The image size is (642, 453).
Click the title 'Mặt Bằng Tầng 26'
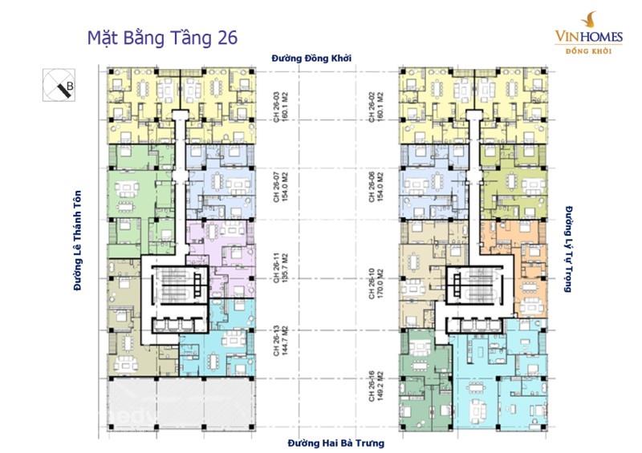pyautogui.click(x=160, y=38)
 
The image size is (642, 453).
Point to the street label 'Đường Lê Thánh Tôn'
pyautogui.click(x=78, y=239)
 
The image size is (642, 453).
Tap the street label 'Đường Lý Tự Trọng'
pyautogui.click(x=567, y=247)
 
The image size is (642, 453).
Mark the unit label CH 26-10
pyautogui.click(x=372, y=279)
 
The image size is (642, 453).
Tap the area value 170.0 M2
pyautogui.click(x=381, y=279)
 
